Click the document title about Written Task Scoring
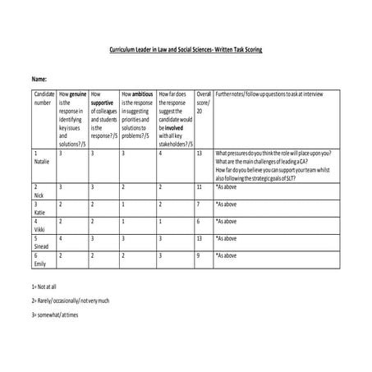tap(186, 49)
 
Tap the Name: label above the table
tap(39, 78)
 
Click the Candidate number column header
tap(42, 99)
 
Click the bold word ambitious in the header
tap(141, 95)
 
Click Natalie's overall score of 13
tap(200, 154)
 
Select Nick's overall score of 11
tap(200, 188)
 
